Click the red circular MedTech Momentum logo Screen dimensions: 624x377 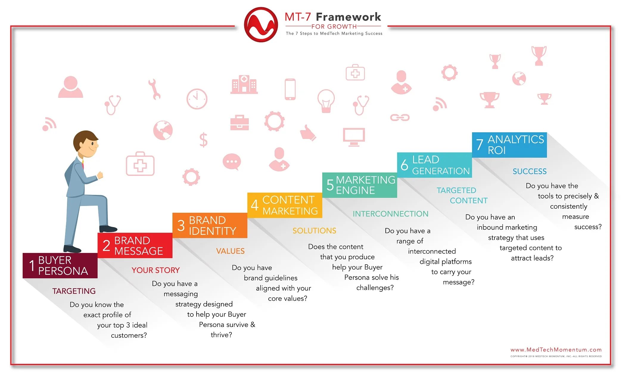[x=261, y=24]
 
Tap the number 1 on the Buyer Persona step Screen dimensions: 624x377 [x=32, y=265]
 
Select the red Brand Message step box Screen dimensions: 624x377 [x=135, y=245]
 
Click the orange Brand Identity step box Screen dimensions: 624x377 [x=210, y=225]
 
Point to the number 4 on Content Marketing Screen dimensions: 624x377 [x=254, y=205]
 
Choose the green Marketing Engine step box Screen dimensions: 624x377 [x=360, y=185]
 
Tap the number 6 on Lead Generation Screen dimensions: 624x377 [x=404, y=165]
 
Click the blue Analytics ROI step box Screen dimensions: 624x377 [x=509, y=145]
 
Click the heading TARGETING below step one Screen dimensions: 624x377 [x=74, y=291]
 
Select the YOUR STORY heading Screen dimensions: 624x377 [x=155, y=270]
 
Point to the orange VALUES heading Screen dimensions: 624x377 [x=230, y=251]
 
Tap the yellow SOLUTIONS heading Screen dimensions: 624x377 [x=314, y=231]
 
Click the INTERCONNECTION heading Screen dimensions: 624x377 [x=390, y=214]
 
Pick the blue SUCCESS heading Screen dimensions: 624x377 [x=530, y=171]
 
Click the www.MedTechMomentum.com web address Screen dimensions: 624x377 [x=556, y=350]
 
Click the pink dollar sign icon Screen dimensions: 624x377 [x=203, y=140]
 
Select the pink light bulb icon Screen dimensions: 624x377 [x=326, y=101]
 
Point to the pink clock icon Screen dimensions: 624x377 [x=197, y=99]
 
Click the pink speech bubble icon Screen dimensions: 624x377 [x=232, y=162]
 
